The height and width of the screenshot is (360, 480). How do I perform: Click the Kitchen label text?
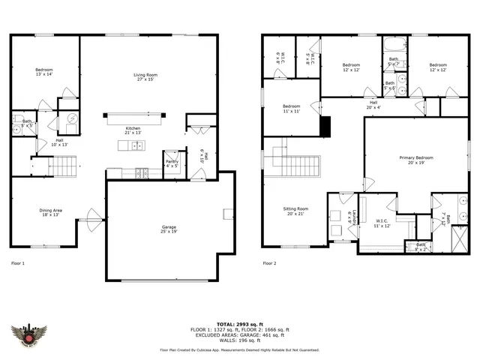(133, 128)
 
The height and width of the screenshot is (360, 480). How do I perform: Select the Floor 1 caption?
(18, 263)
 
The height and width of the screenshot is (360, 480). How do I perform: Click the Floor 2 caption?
(269, 263)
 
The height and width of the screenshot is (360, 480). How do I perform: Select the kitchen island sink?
(136, 145)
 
